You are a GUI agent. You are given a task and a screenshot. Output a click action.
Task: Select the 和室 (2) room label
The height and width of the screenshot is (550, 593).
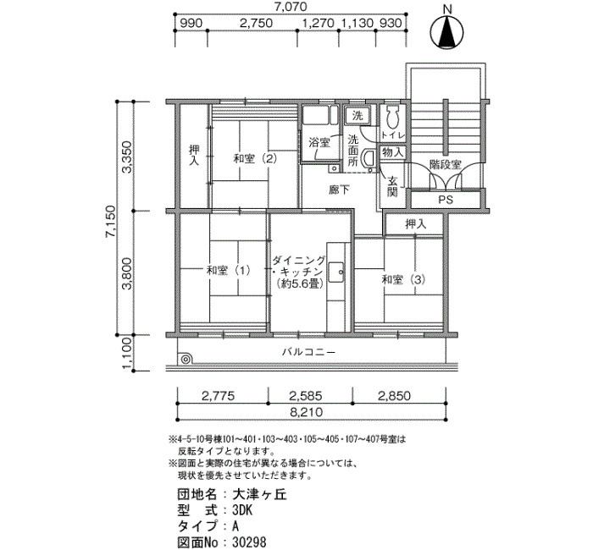point(255,158)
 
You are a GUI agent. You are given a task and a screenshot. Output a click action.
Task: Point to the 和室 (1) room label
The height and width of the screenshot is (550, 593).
point(229,271)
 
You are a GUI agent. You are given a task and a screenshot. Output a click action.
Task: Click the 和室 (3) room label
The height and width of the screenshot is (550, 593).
point(403,280)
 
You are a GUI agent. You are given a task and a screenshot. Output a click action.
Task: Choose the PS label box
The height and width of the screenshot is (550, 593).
point(446,200)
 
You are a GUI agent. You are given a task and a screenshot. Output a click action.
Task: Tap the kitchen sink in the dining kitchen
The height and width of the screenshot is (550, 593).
point(335,272)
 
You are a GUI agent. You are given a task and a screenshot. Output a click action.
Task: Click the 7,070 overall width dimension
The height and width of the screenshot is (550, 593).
point(291,7)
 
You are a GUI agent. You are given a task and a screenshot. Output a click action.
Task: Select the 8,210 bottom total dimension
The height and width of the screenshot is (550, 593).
point(307,412)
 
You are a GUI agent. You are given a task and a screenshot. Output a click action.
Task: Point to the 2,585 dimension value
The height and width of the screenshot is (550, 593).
point(306,396)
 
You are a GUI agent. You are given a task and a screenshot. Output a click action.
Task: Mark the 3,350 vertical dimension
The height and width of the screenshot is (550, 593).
point(127,157)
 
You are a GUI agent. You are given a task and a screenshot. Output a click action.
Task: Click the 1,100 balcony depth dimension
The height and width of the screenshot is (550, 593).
point(127,353)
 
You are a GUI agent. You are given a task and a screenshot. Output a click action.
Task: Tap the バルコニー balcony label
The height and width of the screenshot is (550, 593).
point(308,353)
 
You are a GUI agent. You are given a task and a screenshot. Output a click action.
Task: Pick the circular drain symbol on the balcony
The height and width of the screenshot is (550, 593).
point(186,360)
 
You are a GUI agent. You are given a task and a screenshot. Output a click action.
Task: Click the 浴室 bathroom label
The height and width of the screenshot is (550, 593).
point(319,142)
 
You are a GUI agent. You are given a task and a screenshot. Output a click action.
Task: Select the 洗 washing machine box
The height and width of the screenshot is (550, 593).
point(357,115)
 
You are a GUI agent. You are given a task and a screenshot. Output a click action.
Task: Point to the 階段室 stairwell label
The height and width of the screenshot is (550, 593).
point(446,165)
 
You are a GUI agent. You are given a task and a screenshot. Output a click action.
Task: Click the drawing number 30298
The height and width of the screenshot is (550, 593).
point(249,542)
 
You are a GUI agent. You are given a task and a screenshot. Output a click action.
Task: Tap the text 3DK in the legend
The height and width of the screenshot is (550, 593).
point(242,510)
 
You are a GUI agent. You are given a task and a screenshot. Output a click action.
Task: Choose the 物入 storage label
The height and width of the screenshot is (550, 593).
point(393,152)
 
